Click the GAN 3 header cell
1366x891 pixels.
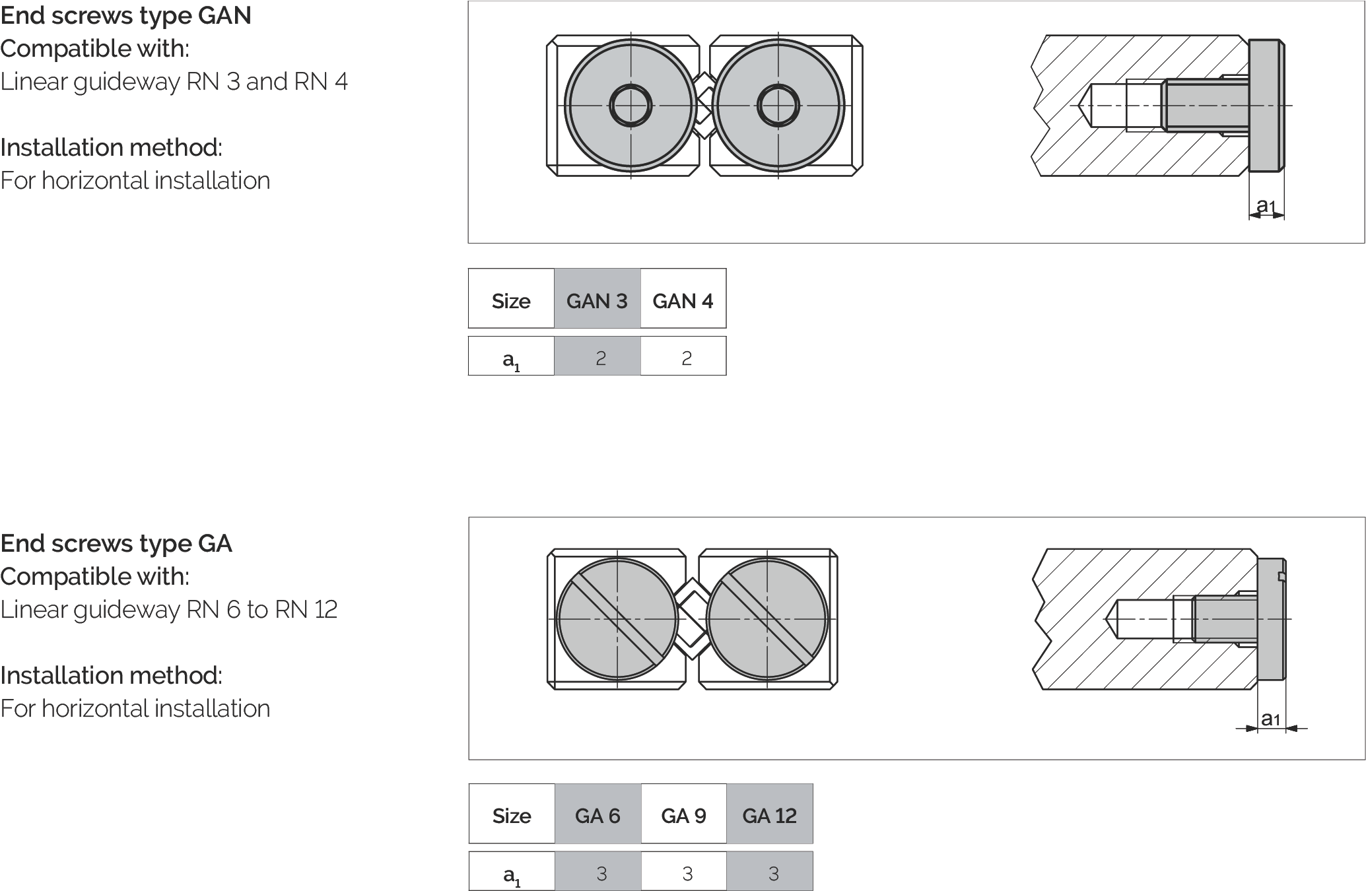(597, 298)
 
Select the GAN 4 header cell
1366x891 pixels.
(683, 298)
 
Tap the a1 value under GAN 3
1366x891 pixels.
(600, 358)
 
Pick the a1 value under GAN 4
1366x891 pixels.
(687, 358)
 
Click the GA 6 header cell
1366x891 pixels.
(598, 814)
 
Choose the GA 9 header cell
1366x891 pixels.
(684, 814)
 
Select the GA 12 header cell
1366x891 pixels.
(770, 814)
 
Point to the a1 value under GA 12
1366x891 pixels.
(773, 873)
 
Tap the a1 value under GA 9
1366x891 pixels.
(687, 873)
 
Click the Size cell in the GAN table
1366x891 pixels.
(511, 298)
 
